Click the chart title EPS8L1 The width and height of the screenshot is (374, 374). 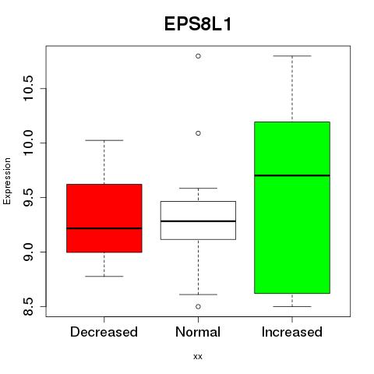[x=198, y=24]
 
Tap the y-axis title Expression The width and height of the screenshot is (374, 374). [x=7, y=182]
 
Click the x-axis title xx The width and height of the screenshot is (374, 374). [x=198, y=356]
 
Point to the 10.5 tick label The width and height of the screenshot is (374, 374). [x=27, y=88]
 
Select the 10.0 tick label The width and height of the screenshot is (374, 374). [x=27, y=143]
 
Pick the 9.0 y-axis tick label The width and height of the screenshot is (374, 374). [x=27, y=252]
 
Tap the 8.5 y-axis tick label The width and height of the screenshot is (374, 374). [x=27, y=306]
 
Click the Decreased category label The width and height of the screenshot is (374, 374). [x=104, y=332]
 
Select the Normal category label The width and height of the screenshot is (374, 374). [x=198, y=332]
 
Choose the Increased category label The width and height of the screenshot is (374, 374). [x=292, y=332]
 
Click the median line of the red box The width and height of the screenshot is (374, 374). [x=104, y=228]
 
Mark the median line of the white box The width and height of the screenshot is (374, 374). [x=198, y=221]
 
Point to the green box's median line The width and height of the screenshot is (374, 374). [x=292, y=175]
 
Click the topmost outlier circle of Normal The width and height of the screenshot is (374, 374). [x=198, y=56]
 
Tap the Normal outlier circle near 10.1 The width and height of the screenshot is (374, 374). [x=198, y=133]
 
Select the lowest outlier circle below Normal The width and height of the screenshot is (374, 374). [x=198, y=307]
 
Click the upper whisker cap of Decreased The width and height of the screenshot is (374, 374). [x=104, y=140]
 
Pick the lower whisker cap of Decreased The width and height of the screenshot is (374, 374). [x=104, y=276]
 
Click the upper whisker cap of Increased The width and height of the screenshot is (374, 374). [x=292, y=56]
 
